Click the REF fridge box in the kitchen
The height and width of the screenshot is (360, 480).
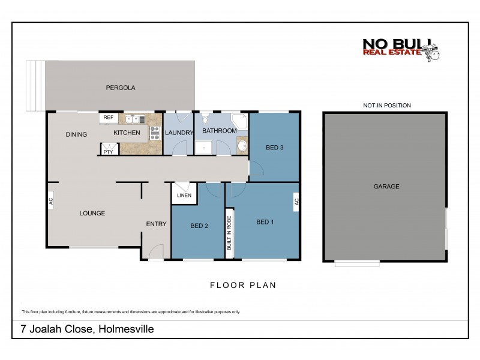[109, 118]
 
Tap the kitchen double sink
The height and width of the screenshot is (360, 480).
[133, 118]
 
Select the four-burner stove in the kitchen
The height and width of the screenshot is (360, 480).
[155, 133]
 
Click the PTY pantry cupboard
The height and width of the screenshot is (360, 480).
[109, 149]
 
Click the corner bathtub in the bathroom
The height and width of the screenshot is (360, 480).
[240, 122]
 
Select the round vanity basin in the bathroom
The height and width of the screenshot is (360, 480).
[242, 145]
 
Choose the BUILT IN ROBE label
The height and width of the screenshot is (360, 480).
[229, 233]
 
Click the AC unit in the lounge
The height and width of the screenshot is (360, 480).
[51, 200]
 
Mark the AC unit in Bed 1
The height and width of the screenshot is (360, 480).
[296, 202]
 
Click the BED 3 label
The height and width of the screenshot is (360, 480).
[274, 147]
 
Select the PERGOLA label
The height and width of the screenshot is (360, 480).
[121, 88]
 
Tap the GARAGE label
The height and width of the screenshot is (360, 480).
[386, 187]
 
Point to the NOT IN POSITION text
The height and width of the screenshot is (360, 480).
[386, 106]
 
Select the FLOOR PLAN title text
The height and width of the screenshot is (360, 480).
[242, 286]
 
